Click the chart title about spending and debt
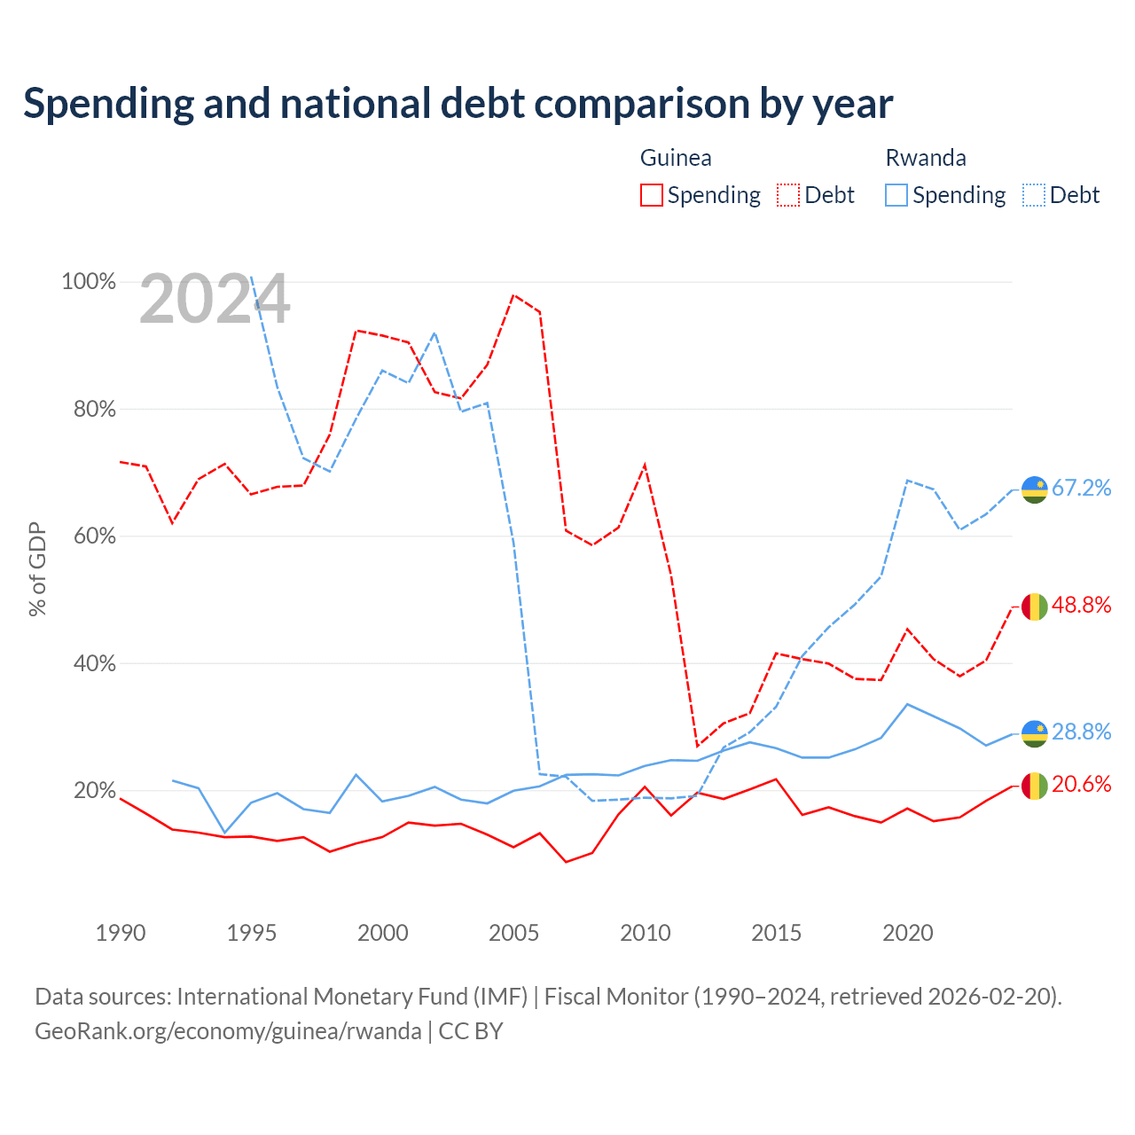click(458, 104)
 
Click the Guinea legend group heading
click(676, 158)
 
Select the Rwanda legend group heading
click(926, 158)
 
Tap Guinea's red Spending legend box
click(651, 195)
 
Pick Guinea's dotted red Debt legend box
click(787, 195)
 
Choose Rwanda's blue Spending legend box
click(896, 195)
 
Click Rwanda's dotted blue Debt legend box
click(1033, 195)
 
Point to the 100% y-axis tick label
click(89, 282)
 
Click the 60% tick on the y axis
click(94, 536)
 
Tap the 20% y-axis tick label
click(94, 790)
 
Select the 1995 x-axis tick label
click(252, 933)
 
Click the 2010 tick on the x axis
click(645, 933)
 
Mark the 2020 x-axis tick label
click(908, 933)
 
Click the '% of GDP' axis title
click(37, 569)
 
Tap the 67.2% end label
click(1082, 488)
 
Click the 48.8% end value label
click(1082, 605)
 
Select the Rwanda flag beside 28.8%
click(1034, 734)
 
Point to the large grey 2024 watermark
click(215, 299)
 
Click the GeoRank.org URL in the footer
click(228, 1031)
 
